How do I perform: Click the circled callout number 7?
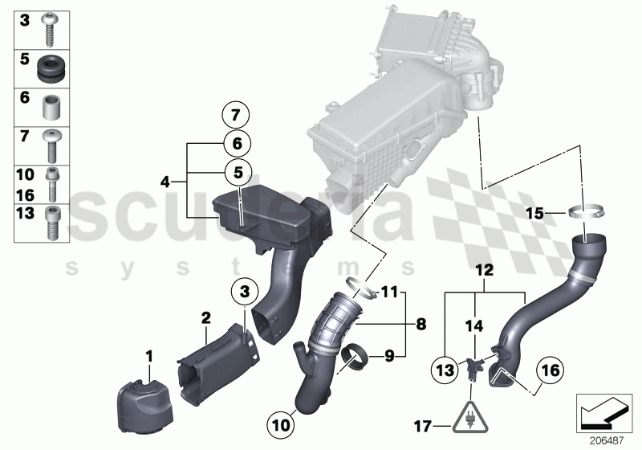click(236, 115)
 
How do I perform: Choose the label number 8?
click(421, 325)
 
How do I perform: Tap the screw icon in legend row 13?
click(55, 222)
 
